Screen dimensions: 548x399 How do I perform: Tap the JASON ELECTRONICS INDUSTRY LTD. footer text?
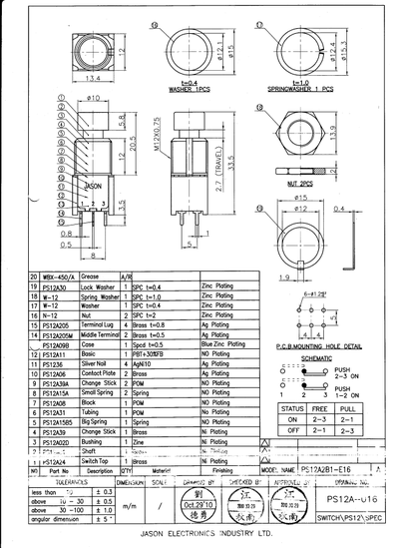tap(199, 535)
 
